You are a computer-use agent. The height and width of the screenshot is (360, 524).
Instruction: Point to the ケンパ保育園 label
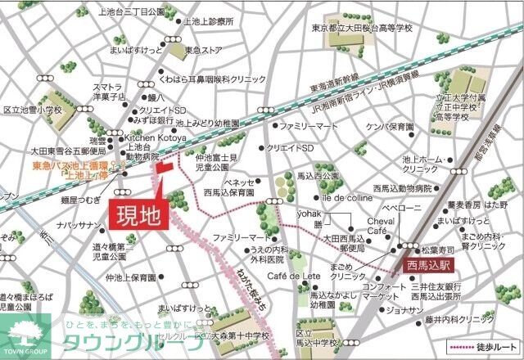pyautogui.click(x=389, y=128)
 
